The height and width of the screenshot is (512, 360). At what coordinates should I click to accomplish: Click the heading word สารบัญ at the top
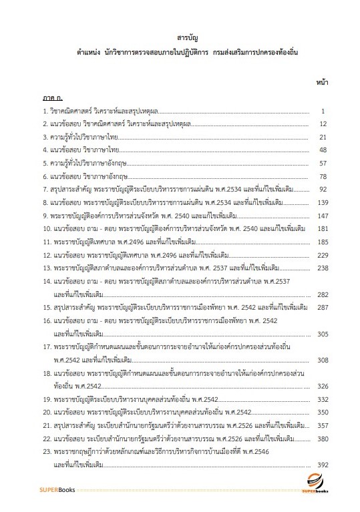180,38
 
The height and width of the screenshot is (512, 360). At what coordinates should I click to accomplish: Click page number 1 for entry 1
323,110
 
